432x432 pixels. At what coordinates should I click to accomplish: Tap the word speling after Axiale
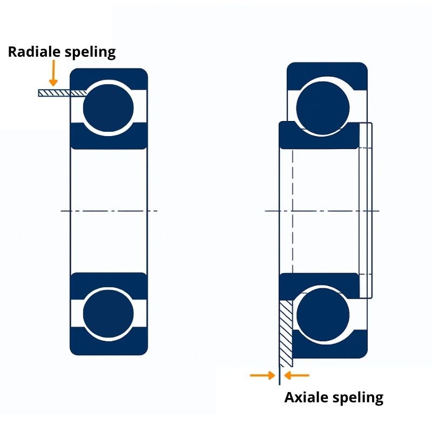coord(360,398)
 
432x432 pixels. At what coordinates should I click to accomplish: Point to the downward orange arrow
coord(53,73)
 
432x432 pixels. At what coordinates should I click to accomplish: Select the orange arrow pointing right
coord(262,375)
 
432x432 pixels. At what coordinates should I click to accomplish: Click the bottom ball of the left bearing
coord(108,314)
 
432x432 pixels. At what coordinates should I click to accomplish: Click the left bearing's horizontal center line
coord(108,211)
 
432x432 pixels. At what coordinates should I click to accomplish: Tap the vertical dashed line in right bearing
coord(292,211)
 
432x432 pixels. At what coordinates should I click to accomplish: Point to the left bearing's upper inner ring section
coord(108,137)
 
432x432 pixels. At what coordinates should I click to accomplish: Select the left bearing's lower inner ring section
coord(108,281)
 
